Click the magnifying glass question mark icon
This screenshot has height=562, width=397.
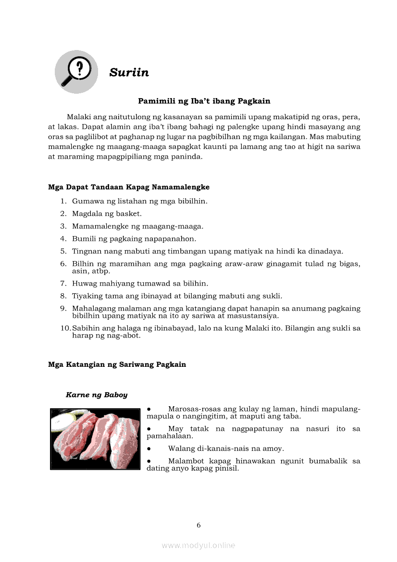pyautogui.click(x=76, y=72)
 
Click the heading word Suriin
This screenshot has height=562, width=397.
pyautogui.click(x=129, y=73)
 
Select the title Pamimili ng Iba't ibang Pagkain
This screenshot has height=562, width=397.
pyautogui.click(x=204, y=101)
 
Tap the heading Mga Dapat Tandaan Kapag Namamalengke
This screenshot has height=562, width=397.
pyautogui.click(x=129, y=187)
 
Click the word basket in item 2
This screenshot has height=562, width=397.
pyautogui.click(x=129, y=213)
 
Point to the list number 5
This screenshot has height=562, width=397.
pyautogui.click(x=63, y=251)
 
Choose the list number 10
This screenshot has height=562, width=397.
pyautogui.click(x=65, y=328)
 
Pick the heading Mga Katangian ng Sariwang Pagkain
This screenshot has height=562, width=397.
pyautogui.click(x=117, y=364)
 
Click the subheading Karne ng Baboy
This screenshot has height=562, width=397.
pyautogui.click(x=97, y=395)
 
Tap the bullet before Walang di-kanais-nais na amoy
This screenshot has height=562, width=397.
pyautogui.click(x=149, y=449)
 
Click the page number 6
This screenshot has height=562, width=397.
pyautogui.click(x=198, y=525)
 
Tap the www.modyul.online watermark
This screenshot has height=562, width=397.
pyautogui.click(x=198, y=545)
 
